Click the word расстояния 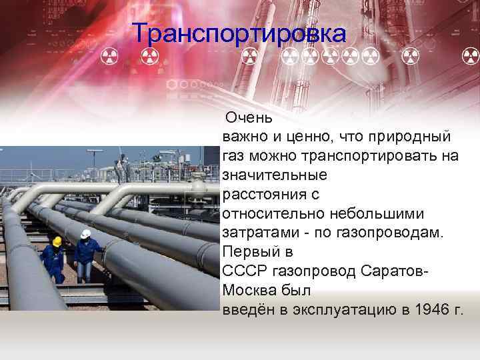[x=261, y=195]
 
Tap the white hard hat [x=85, y=233]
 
